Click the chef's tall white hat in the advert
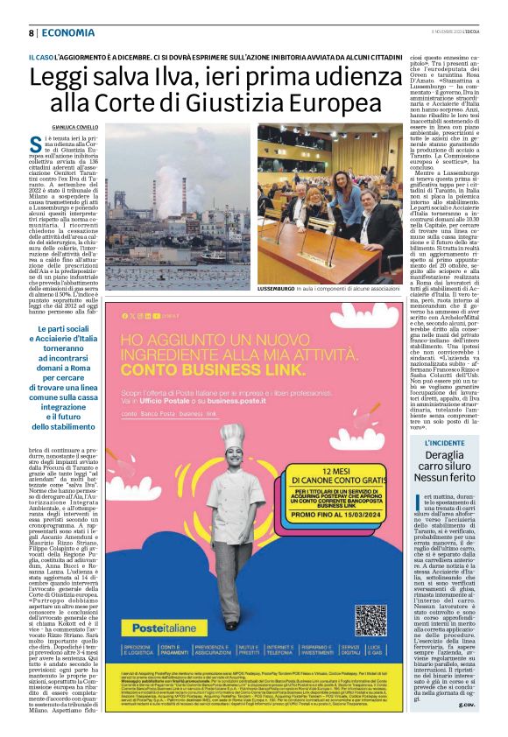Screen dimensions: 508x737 (x=232, y=437)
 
